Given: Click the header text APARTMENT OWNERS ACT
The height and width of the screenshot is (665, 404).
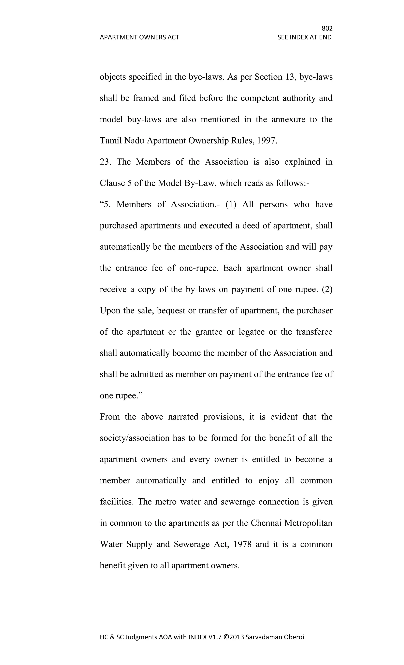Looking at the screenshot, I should [139, 37].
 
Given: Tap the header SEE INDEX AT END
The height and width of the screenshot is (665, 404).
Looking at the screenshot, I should [304, 37].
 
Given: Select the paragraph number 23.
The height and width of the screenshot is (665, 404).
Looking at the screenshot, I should [105, 162].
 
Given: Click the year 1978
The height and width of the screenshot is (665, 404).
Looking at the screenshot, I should [242, 544].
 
